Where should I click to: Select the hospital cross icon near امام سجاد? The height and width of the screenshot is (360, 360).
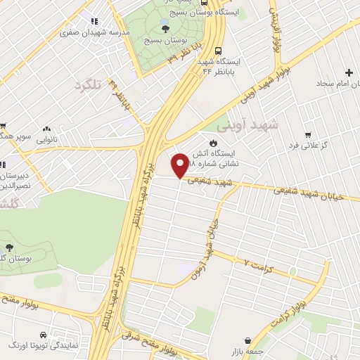349,72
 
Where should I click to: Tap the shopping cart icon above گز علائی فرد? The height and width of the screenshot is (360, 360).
307,134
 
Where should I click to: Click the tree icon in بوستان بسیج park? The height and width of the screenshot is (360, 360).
166,27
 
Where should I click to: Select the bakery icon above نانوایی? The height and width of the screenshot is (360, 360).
47,129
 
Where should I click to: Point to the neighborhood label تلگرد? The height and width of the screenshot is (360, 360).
88,84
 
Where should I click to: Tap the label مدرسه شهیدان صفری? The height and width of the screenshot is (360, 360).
64,33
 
